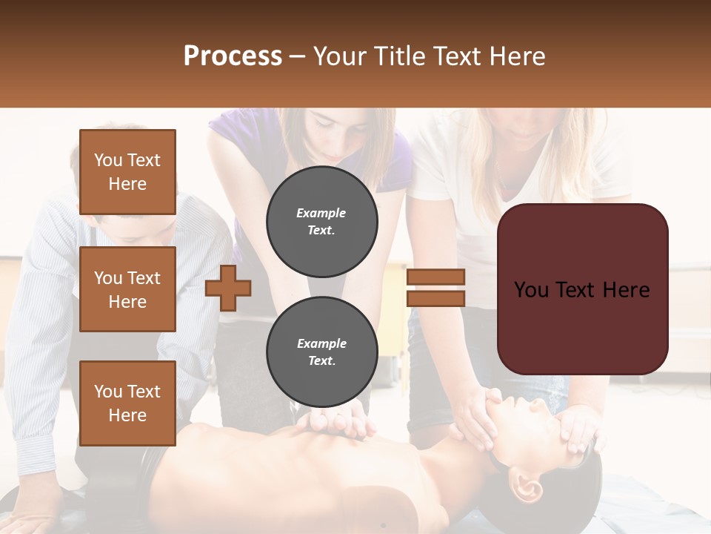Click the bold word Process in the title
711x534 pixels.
pyautogui.click(x=233, y=56)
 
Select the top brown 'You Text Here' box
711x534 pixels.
pyautogui.click(x=127, y=172)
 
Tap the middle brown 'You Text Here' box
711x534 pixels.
pyautogui.click(x=127, y=289)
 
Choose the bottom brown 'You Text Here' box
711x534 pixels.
pyautogui.click(x=127, y=403)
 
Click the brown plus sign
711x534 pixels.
pyautogui.click(x=228, y=289)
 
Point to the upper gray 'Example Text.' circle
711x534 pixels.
pyautogui.click(x=321, y=221)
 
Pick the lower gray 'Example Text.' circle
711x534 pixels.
pyautogui.click(x=321, y=352)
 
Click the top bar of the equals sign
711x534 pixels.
pyautogui.click(x=435, y=277)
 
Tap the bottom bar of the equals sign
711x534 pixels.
pyautogui.click(x=435, y=298)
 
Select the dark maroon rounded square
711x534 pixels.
pyautogui.click(x=582, y=289)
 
